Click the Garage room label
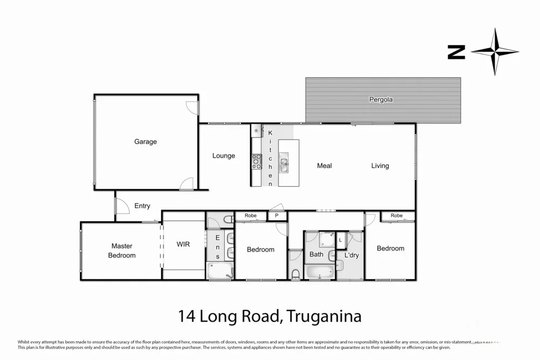145,142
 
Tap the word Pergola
381,100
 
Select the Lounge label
224,156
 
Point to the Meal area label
324,166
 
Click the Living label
380,166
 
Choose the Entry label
142,206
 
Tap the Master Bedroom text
122,251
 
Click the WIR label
183,244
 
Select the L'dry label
352,255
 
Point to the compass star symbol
495,52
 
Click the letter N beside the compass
456,52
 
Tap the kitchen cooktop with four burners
256,160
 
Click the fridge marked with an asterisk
256,131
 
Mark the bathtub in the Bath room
320,271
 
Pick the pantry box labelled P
276,216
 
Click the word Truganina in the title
323,316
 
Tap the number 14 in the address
187,316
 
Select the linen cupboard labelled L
341,240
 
